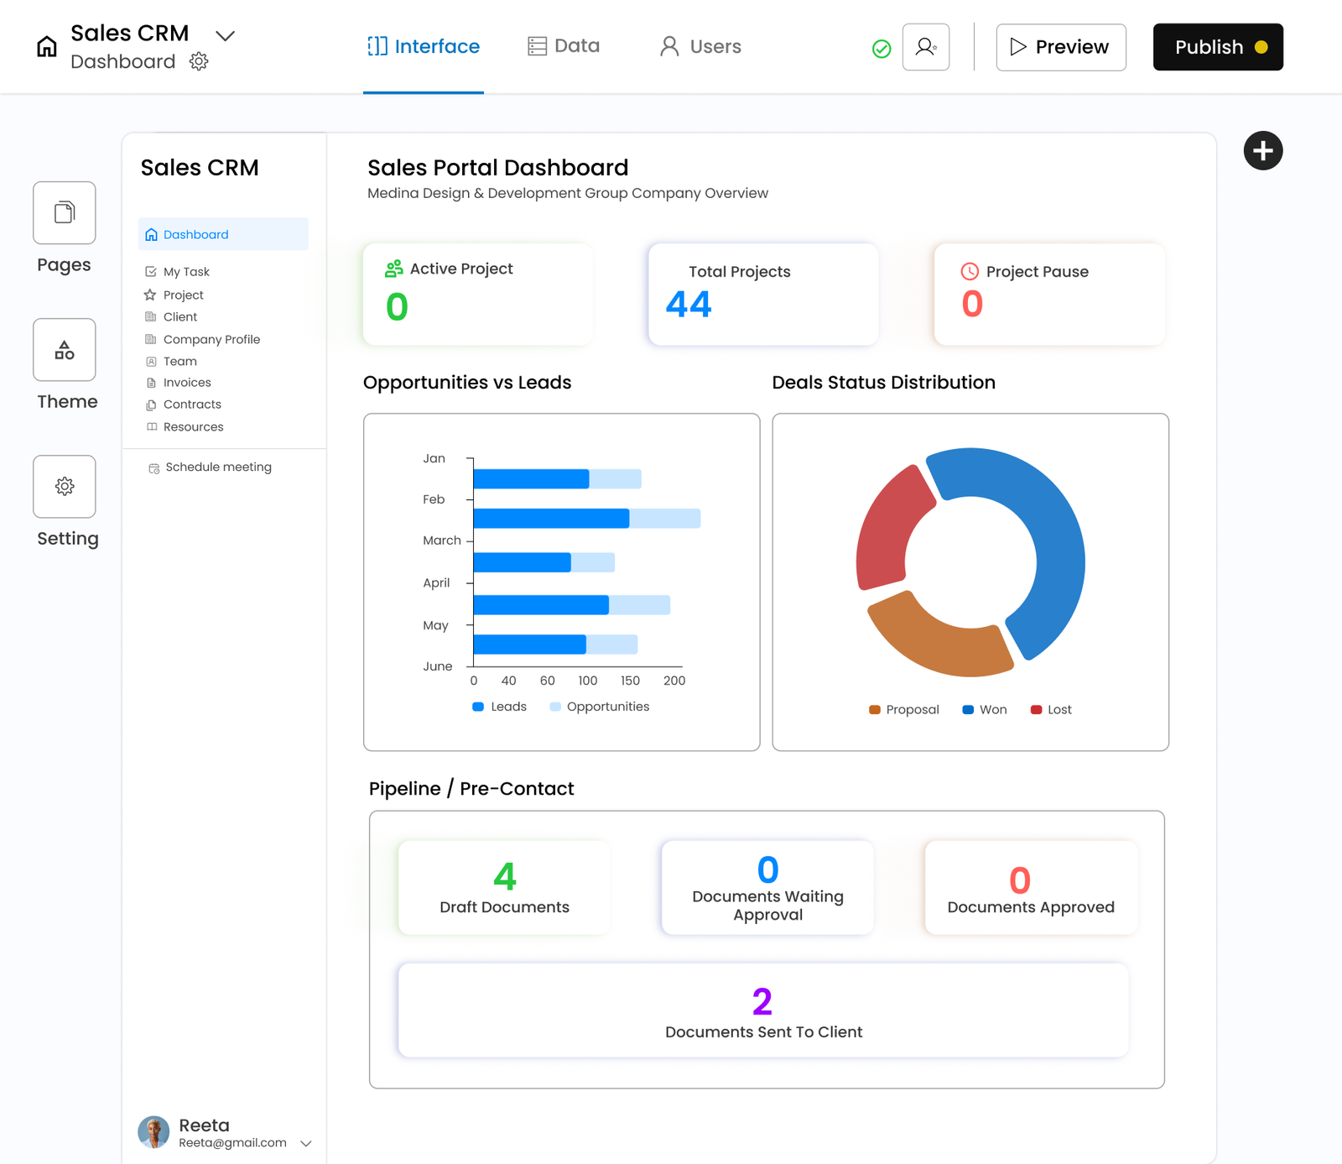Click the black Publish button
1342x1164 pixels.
(x=1217, y=47)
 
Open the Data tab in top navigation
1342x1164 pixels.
(x=564, y=46)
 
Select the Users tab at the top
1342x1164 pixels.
(x=700, y=46)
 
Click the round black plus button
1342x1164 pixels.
(x=1262, y=151)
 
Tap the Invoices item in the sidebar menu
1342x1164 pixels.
(x=186, y=383)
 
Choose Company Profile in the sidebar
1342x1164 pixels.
(x=211, y=339)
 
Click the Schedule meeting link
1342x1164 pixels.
(x=217, y=467)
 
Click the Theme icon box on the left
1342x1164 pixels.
(x=65, y=350)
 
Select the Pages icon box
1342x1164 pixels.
(x=65, y=213)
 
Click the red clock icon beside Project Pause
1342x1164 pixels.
(x=970, y=271)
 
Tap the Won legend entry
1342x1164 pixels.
(x=985, y=710)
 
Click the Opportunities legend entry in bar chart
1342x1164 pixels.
(x=599, y=707)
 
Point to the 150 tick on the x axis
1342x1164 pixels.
(x=630, y=681)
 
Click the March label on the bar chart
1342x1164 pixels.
(x=441, y=540)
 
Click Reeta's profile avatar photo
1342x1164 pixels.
(x=153, y=1132)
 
